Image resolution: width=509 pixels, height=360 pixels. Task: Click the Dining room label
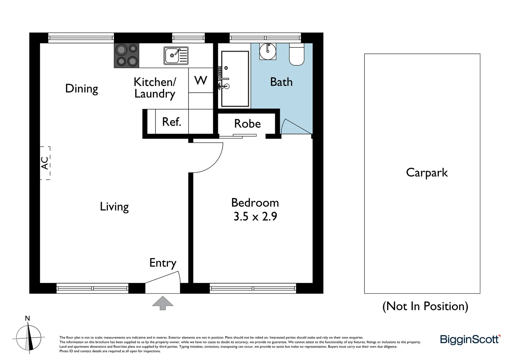click(x=82, y=89)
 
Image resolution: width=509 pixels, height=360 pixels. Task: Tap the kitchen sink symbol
click(x=176, y=55)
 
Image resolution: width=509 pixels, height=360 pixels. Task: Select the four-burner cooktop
click(x=127, y=55)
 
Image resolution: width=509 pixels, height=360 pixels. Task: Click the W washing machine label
click(x=201, y=80)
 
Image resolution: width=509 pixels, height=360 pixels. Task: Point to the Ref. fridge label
click(x=172, y=122)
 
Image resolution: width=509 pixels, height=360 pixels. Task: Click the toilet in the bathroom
click(x=296, y=55)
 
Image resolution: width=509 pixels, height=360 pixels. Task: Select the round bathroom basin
click(x=267, y=51)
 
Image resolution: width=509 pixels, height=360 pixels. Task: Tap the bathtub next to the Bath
click(x=235, y=79)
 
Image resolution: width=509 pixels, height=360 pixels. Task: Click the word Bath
click(x=281, y=82)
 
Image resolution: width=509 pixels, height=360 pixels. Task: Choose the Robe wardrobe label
click(x=247, y=124)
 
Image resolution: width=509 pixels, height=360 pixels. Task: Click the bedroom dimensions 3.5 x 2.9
click(x=255, y=216)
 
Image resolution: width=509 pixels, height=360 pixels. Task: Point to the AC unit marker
click(x=45, y=163)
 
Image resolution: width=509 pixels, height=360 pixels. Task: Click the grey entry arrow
click(x=163, y=303)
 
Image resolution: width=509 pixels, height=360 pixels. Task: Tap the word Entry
click(x=163, y=263)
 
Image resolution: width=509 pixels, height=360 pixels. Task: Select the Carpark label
click(x=427, y=173)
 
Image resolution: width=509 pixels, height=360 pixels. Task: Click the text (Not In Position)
click(x=425, y=306)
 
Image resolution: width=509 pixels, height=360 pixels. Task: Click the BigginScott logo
click(x=470, y=339)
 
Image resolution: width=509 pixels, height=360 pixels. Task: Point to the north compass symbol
click(x=29, y=336)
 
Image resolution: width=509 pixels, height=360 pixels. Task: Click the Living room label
click(x=114, y=207)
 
